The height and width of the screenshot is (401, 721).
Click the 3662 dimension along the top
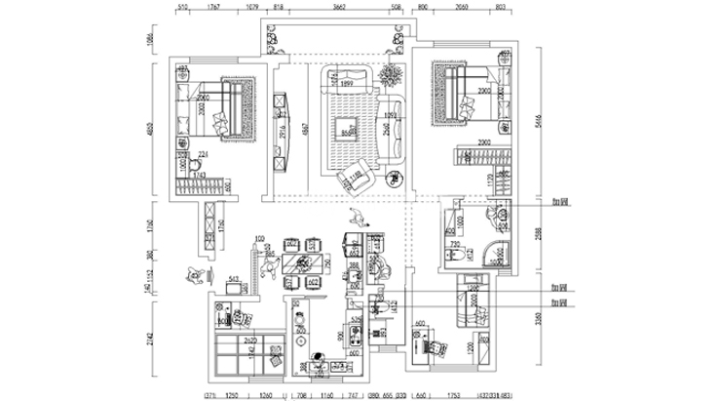pyautogui.click(x=339, y=8)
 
